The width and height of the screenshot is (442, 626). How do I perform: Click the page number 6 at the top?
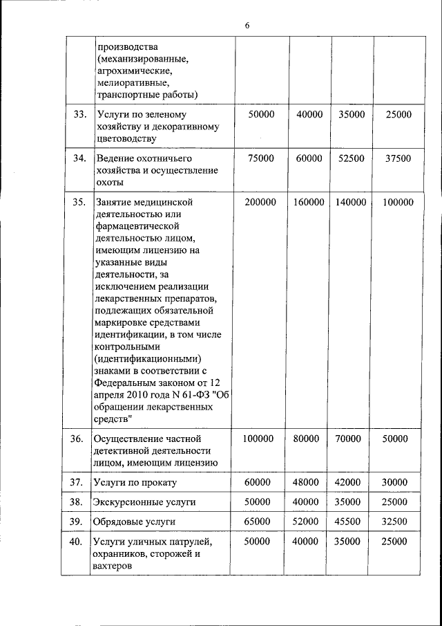tap(247, 26)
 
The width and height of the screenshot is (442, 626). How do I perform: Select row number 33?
tap(79, 114)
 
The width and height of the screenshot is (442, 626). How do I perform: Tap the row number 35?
tap(79, 202)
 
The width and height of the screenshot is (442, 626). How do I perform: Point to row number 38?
tap(79, 501)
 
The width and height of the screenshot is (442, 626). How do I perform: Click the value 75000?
tap(260, 158)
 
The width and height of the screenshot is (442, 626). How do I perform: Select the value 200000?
tap(260, 202)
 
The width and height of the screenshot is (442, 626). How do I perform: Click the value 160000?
tap(309, 202)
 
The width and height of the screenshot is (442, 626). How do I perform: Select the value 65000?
tap(260, 521)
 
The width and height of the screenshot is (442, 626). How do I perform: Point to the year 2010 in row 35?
tap(137, 394)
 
